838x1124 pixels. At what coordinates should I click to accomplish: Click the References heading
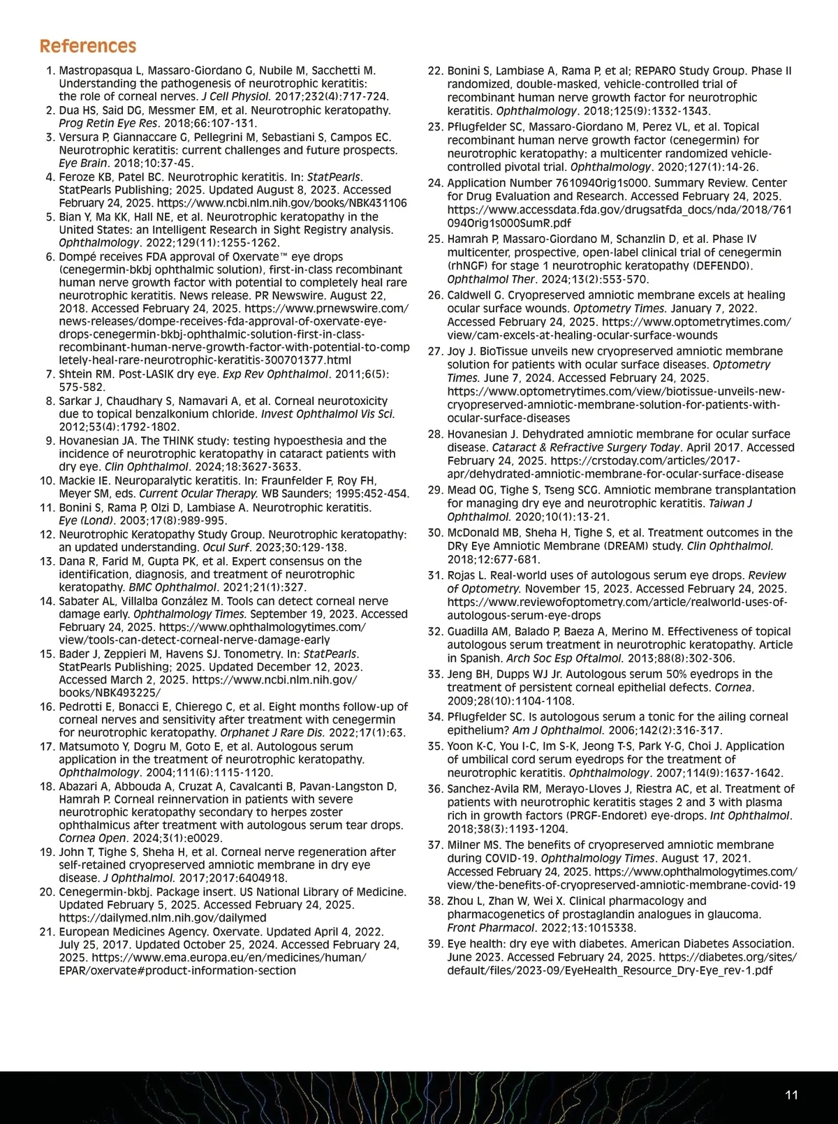coord(88,46)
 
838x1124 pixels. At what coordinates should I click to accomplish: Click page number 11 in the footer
coord(791,1095)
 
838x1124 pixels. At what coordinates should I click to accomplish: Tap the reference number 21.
coord(47,931)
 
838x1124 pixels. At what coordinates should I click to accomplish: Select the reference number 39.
coord(435,944)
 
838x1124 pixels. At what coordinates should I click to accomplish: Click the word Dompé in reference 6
coord(78,256)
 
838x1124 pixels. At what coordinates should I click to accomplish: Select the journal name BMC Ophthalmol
coord(173,587)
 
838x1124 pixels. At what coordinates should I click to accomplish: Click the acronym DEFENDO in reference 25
coord(724,265)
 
